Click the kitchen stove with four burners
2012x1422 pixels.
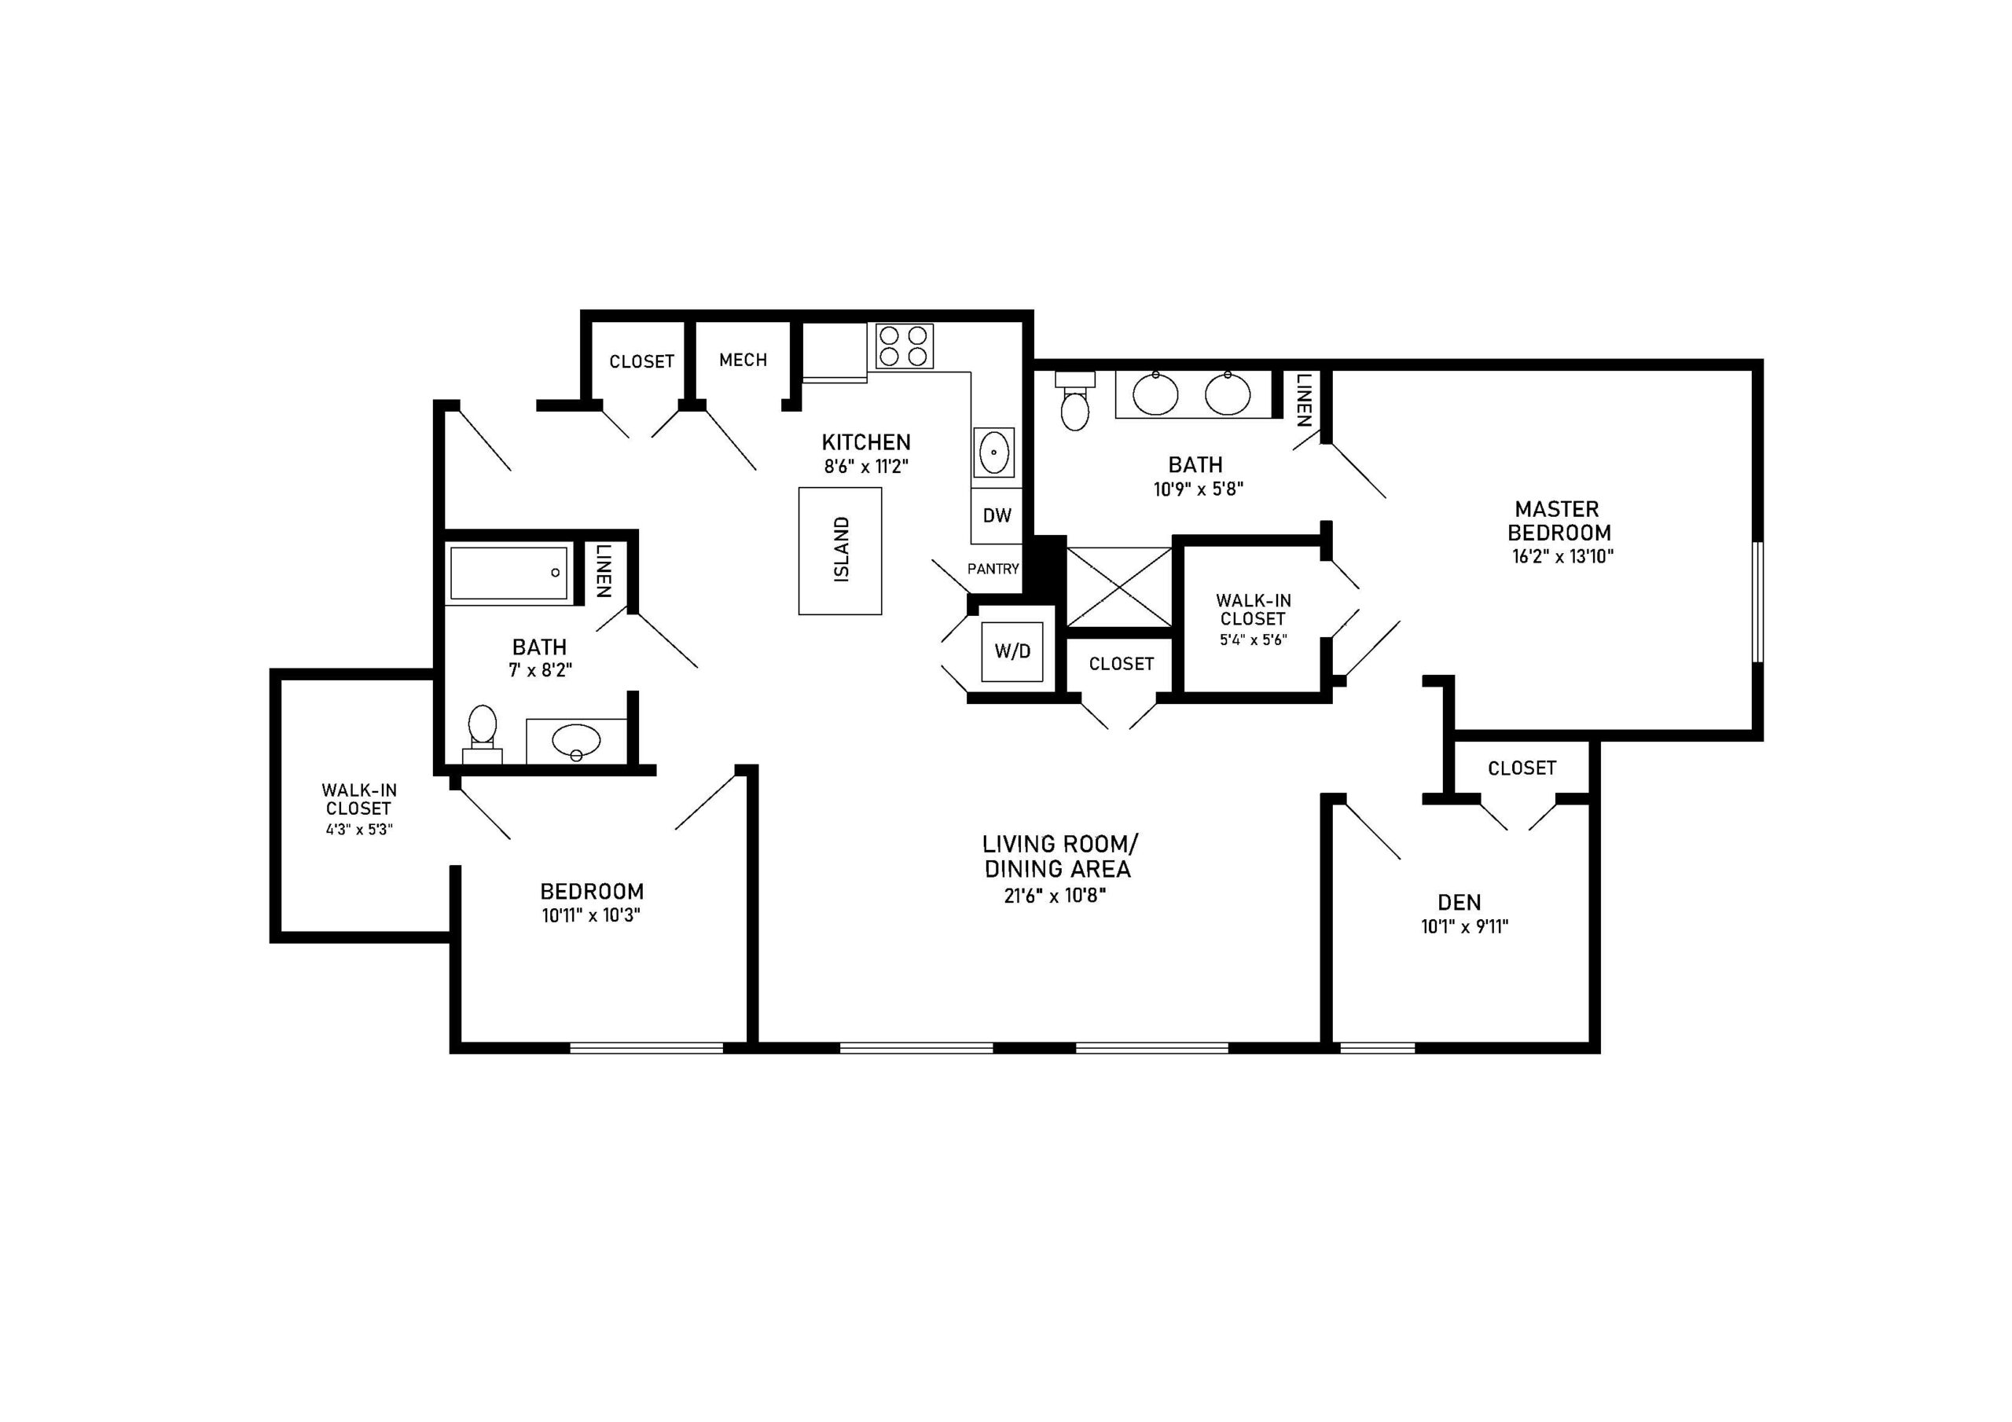click(x=905, y=346)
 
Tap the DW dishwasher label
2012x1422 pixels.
click(x=997, y=515)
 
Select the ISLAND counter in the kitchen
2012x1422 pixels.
click(x=839, y=550)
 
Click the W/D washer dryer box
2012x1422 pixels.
click(x=1012, y=651)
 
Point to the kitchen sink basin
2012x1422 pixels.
click(x=993, y=452)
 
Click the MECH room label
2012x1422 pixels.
click(x=743, y=360)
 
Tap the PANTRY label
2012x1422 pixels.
click(x=993, y=569)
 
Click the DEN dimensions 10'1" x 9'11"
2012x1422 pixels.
click(x=1464, y=926)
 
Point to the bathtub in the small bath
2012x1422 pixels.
click(x=509, y=573)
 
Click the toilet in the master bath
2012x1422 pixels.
click(x=1074, y=401)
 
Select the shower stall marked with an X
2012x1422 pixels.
click(x=1119, y=587)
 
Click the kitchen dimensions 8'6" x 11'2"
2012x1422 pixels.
click(x=866, y=466)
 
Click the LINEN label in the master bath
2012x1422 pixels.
click(x=1304, y=401)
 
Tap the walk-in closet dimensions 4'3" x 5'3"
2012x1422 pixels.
click(x=359, y=829)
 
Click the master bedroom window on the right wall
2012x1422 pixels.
click(x=1757, y=602)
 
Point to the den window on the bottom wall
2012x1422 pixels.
click(x=1377, y=1047)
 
